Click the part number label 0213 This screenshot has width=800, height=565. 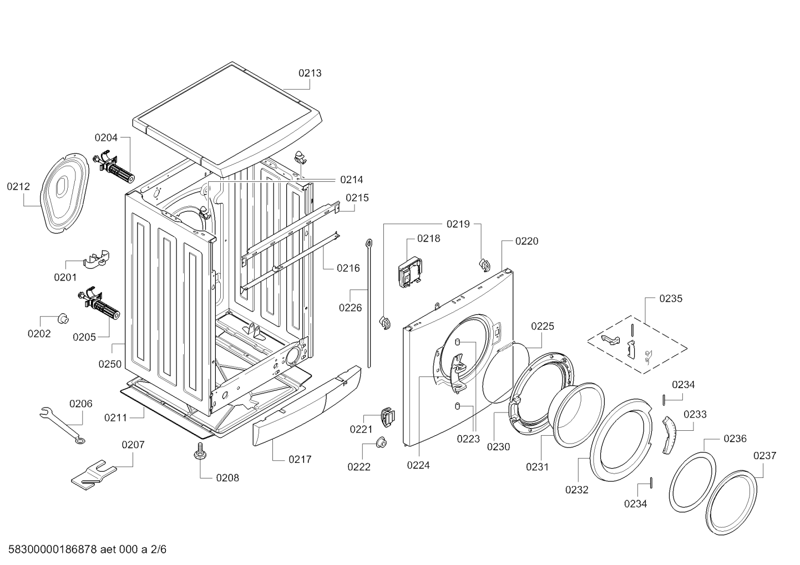pos(310,73)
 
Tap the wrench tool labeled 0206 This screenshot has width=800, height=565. pos(62,423)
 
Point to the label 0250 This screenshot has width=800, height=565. pos(110,364)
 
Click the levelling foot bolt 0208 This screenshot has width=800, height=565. pos(198,454)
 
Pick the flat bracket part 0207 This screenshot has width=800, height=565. pos(93,475)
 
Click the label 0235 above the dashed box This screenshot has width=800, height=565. pos(671,298)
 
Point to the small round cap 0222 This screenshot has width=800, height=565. pos(381,442)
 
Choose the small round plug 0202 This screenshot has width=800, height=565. pos(63,318)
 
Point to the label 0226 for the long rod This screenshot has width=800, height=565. pos(350,307)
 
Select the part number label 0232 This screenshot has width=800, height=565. pos(577,490)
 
